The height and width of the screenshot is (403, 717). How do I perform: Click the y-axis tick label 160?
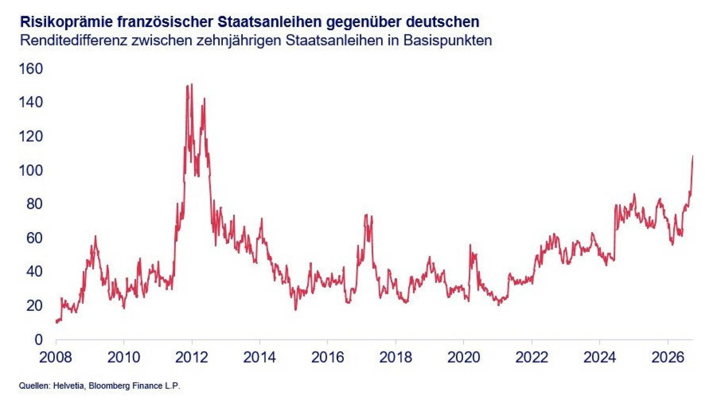31,69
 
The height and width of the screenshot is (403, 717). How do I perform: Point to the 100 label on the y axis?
31,170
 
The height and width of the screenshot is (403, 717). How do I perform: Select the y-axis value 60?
35,238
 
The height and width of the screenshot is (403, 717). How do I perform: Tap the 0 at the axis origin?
39,340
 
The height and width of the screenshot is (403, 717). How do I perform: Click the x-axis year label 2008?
56,357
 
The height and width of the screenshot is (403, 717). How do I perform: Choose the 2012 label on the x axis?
191,357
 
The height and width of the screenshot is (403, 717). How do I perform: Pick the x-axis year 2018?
396,357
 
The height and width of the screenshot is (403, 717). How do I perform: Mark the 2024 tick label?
599,357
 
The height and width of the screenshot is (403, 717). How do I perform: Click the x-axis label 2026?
668,357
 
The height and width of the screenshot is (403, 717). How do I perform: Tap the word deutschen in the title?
443,22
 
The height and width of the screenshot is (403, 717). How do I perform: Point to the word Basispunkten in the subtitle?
448,40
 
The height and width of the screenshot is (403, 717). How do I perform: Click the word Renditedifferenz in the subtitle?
74,40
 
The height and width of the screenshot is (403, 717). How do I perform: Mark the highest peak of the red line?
192,84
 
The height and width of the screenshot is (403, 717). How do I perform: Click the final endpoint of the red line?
693,156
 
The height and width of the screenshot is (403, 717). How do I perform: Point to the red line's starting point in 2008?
56,322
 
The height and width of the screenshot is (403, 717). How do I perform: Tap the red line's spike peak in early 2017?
366,215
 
